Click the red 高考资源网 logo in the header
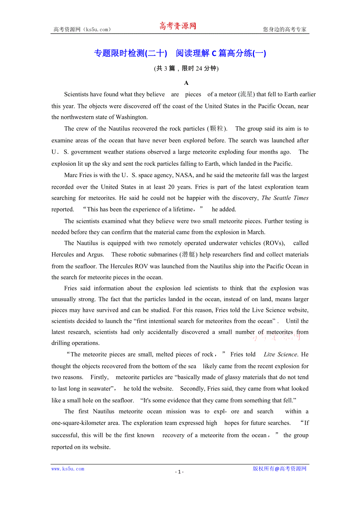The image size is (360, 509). pos(177,26)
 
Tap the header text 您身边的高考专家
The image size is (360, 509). pos(284,29)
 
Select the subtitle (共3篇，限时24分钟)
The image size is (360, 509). pos(186,68)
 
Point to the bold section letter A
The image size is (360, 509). pos(186,83)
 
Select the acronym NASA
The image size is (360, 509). pos(184,175)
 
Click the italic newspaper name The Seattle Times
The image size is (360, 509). pos(285,198)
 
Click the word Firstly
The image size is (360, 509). pos(99,377)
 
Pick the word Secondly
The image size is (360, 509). pos(193,389)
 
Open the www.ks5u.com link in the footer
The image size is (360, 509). pos(68,469)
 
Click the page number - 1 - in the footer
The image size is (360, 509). pos(179,472)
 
